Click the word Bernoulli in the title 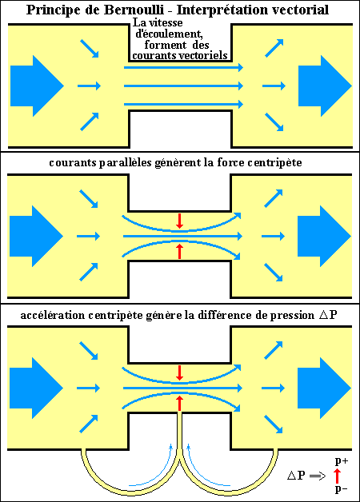pyautogui.click(x=134, y=10)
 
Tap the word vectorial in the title pyautogui.click(x=300, y=10)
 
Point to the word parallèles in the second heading pyautogui.click(x=126, y=162)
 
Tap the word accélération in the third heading pyautogui.click(x=53, y=316)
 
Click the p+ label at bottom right pyautogui.click(x=342, y=461)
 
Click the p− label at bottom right pyautogui.click(x=341, y=489)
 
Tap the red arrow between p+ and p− pyautogui.click(x=337, y=476)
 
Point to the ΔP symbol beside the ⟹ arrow pyautogui.click(x=296, y=476)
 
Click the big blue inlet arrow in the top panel pyautogui.click(x=37, y=86)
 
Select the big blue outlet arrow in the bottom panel pyautogui.click(x=325, y=388)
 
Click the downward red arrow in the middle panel pyautogui.click(x=180, y=221)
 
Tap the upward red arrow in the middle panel pyautogui.click(x=180, y=251)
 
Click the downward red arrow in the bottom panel pyautogui.click(x=180, y=373)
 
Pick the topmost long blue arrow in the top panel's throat pyautogui.click(x=183, y=67)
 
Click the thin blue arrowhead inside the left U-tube pyautogui.click(x=171, y=447)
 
